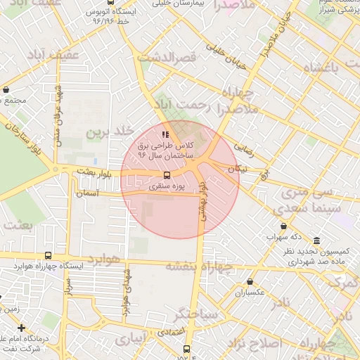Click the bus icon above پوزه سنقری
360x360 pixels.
click(167, 175)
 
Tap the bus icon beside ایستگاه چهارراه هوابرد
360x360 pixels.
click(48, 256)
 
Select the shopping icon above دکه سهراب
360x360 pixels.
click(283, 226)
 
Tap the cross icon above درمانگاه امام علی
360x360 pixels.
click(22, 328)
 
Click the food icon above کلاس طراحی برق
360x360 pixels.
click(165, 134)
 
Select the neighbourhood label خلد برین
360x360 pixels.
click(110, 132)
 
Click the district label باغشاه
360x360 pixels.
click(321, 68)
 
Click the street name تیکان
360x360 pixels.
click(238, 169)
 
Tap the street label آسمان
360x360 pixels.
click(90, 192)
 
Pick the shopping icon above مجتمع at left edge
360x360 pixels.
click(6, 90)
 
